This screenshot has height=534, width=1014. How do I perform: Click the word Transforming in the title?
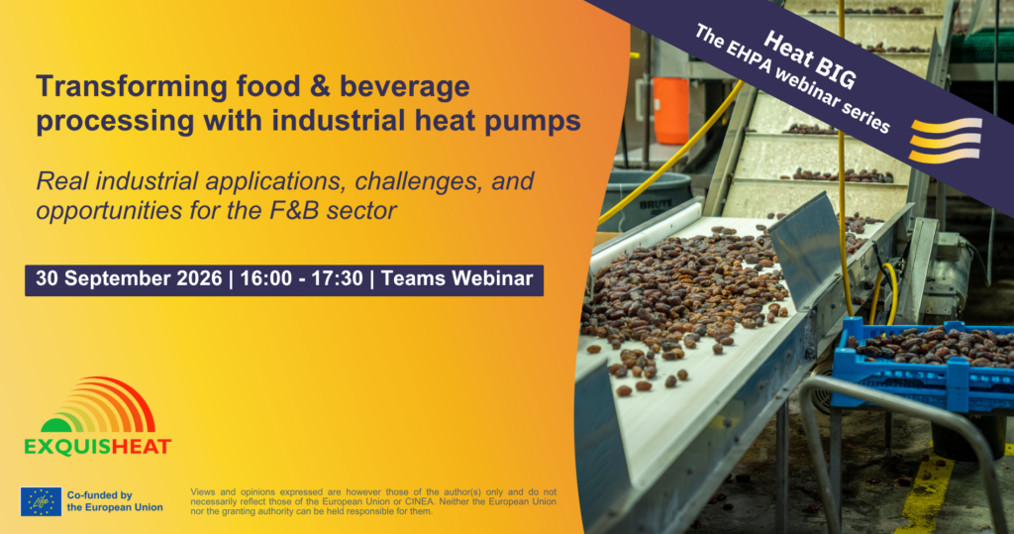(132, 87)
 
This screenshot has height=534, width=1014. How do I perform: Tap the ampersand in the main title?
(320, 86)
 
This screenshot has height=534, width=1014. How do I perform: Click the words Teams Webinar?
(457, 279)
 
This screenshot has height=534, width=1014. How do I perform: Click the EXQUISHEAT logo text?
(98, 447)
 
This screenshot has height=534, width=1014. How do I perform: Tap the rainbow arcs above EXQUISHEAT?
(98, 406)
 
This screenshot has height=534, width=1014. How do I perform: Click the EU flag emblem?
(41, 501)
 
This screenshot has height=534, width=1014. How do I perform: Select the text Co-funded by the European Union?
(115, 501)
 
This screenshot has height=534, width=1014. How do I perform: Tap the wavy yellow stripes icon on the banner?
(945, 141)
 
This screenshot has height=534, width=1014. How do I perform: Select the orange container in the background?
(670, 111)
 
